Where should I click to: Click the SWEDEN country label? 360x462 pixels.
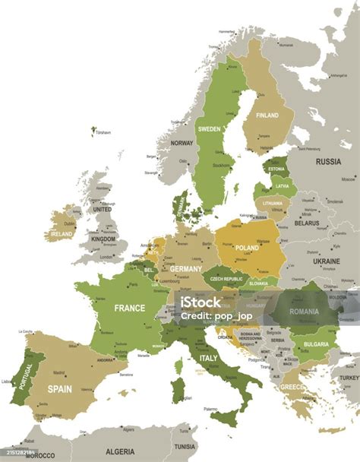[x=210, y=129]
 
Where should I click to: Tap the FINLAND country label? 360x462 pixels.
[x=267, y=115]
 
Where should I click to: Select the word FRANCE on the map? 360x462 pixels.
[x=129, y=309]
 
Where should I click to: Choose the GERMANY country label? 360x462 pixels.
[x=186, y=269]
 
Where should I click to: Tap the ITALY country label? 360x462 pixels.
[x=207, y=357]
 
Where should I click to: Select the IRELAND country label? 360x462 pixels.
[x=62, y=235]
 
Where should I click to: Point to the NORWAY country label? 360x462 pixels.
[x=182, y=143]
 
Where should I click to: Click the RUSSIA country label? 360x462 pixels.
[x=328, y=161]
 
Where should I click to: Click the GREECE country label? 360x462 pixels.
[x=292, y=387]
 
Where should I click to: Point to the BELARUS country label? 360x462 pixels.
[x=306, y=223]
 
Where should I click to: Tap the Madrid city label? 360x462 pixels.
[x=59, y=372]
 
